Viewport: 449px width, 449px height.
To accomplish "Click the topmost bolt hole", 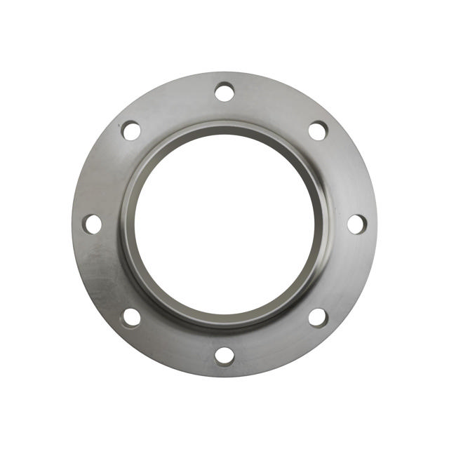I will pos(224,92).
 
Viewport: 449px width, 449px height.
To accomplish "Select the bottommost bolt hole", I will pos(224,356).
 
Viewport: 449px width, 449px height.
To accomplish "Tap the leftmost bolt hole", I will pos(92,224).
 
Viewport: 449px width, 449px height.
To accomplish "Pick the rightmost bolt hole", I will pos(356,224).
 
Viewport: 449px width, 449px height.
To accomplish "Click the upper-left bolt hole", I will pos(131,130).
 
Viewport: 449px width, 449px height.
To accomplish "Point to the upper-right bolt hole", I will pos(318,130).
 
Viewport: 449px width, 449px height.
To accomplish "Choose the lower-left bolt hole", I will pos(131,317).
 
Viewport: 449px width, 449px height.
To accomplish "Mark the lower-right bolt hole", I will pos(318,317).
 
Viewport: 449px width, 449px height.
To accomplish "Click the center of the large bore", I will pos(224,224).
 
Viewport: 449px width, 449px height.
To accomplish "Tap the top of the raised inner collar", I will pos(224,128).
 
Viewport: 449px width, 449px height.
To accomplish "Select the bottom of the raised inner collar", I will pos(224,321).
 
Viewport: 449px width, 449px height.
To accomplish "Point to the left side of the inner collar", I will pos(127,224).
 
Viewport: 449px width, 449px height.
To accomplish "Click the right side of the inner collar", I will pos(321,224).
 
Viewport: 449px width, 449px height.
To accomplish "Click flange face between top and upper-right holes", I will pos(275,102).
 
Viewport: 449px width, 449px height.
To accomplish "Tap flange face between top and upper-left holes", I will pos(174,102).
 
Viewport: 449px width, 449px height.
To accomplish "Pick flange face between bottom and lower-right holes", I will pos(275,347).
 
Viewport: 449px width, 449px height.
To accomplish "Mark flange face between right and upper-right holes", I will pos(347,174).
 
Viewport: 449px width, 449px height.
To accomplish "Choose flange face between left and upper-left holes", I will pos(102,174).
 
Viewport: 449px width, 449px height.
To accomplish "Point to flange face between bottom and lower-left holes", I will pos(174,347).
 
